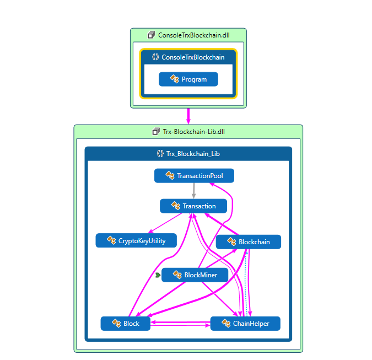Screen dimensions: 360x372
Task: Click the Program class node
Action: [188, 79]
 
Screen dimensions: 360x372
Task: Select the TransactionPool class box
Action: [194, 176]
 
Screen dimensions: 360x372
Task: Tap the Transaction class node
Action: [193, 206]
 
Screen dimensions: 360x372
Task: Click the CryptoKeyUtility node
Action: [136, 240]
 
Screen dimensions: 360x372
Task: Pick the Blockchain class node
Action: [249, 242]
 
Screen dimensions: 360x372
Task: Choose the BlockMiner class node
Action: [195, 275]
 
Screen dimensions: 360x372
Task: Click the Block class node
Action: [126, 324]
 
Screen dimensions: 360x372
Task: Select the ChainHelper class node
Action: [245, 324]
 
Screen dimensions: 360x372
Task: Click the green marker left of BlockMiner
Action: [158, 275]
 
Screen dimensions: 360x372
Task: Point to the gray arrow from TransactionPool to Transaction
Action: [193, 191]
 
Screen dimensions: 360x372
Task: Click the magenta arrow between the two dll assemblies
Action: [188, 116]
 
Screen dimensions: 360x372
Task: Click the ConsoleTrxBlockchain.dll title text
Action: [193, 35]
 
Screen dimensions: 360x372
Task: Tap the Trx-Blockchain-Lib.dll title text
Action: [193, 132]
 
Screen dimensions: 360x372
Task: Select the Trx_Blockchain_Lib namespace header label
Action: [193, 154]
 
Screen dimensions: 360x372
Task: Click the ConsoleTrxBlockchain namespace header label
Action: [193, 57]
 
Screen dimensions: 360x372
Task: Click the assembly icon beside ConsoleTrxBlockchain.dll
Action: [151, 35]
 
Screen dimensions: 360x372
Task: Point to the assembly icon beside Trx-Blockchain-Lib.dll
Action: [155, 132]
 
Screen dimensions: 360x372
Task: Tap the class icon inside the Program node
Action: [175, 79]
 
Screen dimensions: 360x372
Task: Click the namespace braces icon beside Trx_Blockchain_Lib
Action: [160, 154]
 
